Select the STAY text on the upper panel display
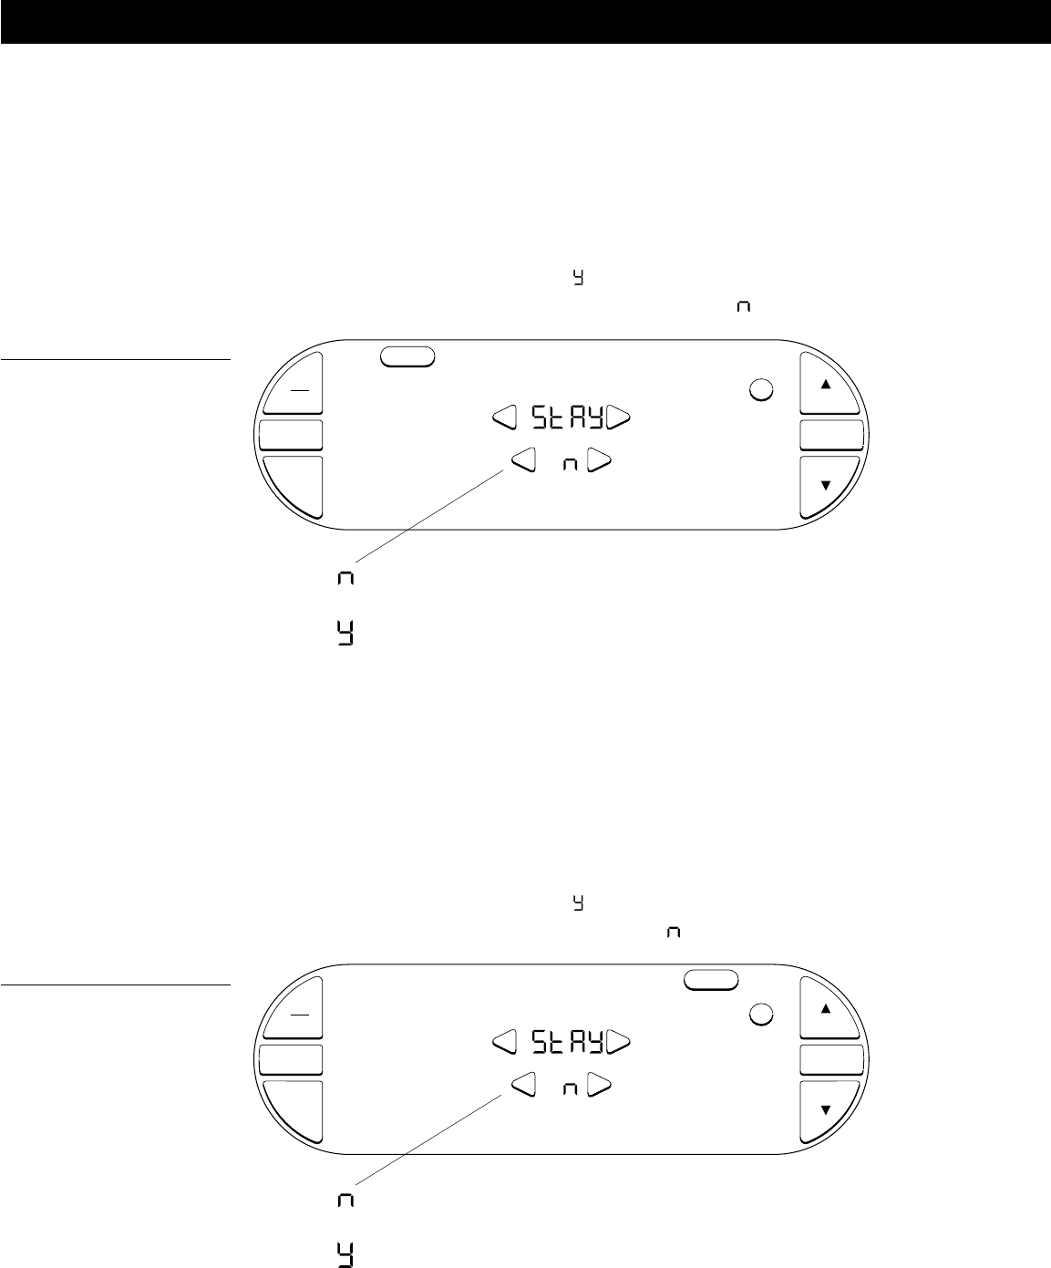568,418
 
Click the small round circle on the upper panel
761,389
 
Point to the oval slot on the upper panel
407,356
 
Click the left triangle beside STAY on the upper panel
505,418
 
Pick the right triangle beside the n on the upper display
599,461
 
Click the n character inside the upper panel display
570,465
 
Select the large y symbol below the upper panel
345,633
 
